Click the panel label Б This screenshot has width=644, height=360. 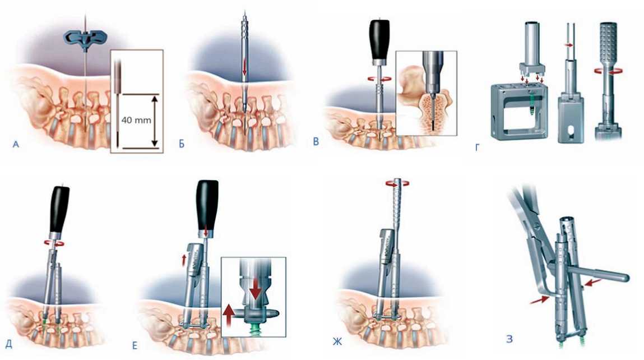(182, 145)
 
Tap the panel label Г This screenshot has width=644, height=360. (477, 147)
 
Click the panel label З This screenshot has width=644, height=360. (507, 338)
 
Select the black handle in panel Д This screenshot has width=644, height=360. (59, 209)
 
